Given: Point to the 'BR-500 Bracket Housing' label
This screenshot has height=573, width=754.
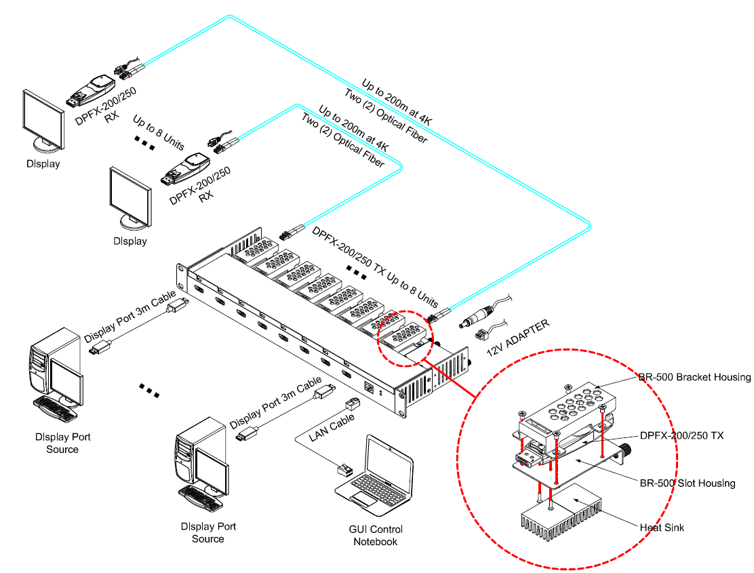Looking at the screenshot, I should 694,377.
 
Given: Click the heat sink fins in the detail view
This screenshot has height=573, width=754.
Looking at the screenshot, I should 560,519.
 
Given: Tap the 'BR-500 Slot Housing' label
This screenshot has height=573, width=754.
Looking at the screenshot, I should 688,483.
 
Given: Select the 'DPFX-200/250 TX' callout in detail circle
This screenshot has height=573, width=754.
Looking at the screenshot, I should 681,435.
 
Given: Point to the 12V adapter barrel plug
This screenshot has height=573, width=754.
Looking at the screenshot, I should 474,319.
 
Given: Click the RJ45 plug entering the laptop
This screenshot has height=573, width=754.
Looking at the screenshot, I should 343,470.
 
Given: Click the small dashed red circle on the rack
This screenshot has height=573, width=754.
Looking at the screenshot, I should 404,340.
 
